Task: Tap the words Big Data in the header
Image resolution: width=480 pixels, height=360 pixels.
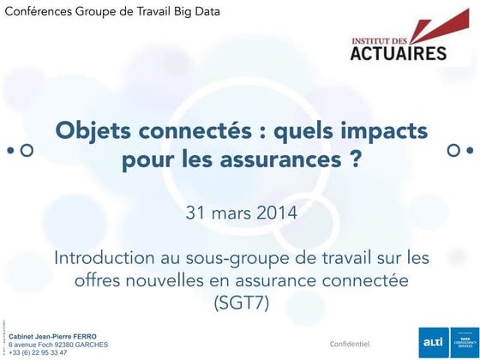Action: pyautogui.click(x=195, y=13)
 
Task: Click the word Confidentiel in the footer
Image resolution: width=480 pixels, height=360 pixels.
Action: pyautogui.click(x=349, y=343)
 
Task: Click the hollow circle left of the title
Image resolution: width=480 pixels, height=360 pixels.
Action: pyautogui.click(x=27, y=150)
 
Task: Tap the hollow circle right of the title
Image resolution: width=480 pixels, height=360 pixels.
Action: pyautogui.click(x=454, y=150)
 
